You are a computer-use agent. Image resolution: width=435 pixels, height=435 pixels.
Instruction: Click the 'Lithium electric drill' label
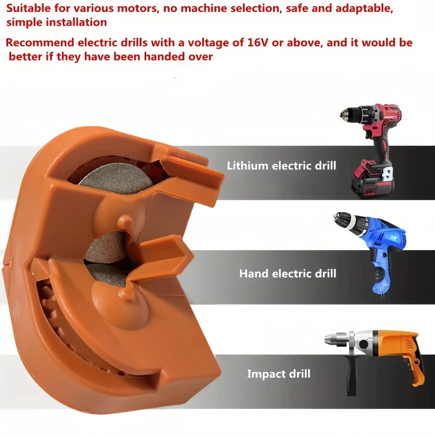(x=281, y=166)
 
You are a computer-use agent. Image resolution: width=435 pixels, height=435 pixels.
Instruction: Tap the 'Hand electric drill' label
(x=288, y=274)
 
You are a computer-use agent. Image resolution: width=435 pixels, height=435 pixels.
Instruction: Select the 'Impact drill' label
(x=279, y=374)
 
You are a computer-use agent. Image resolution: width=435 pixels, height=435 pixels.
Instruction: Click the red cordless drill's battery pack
(x=372, y=179)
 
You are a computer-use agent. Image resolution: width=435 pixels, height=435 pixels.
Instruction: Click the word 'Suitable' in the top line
(x=29, y=8)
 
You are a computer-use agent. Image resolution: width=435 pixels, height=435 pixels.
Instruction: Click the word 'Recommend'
(x=40, y=42)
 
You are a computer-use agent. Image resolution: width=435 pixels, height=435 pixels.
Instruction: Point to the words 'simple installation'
(x=57, y=22)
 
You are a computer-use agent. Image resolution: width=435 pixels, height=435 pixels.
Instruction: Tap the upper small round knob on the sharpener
(x=125, y=221)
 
